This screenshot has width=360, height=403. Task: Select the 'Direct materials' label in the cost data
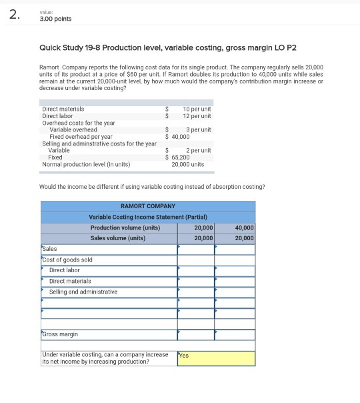[x=63, y=109]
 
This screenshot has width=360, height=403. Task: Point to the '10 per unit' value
[x=197, y=109]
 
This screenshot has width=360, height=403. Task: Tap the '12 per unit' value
[x=197, y=116]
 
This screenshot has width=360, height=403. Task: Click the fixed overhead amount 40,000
[x=181, y=136]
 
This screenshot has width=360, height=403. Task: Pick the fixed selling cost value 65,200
[x=181, y=157]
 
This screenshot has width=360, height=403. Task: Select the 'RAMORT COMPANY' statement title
[x=148, y=206]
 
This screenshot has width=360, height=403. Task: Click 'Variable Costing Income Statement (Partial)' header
[x=148, y=217]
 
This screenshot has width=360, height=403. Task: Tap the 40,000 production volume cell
[x=244, y=228]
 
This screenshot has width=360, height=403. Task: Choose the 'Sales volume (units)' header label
[x=118, y=238]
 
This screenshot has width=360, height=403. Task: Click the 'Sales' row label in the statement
[x=50, y=249]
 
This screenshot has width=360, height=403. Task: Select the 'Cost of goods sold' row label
[x=67, y=260]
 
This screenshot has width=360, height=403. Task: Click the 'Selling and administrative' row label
[x=83, y=292]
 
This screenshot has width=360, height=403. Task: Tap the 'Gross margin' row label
[x=61, y=334]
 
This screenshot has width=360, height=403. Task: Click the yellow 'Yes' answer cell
[x=216, y=358]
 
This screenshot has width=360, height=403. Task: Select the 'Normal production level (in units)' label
[x=86, y=164]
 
